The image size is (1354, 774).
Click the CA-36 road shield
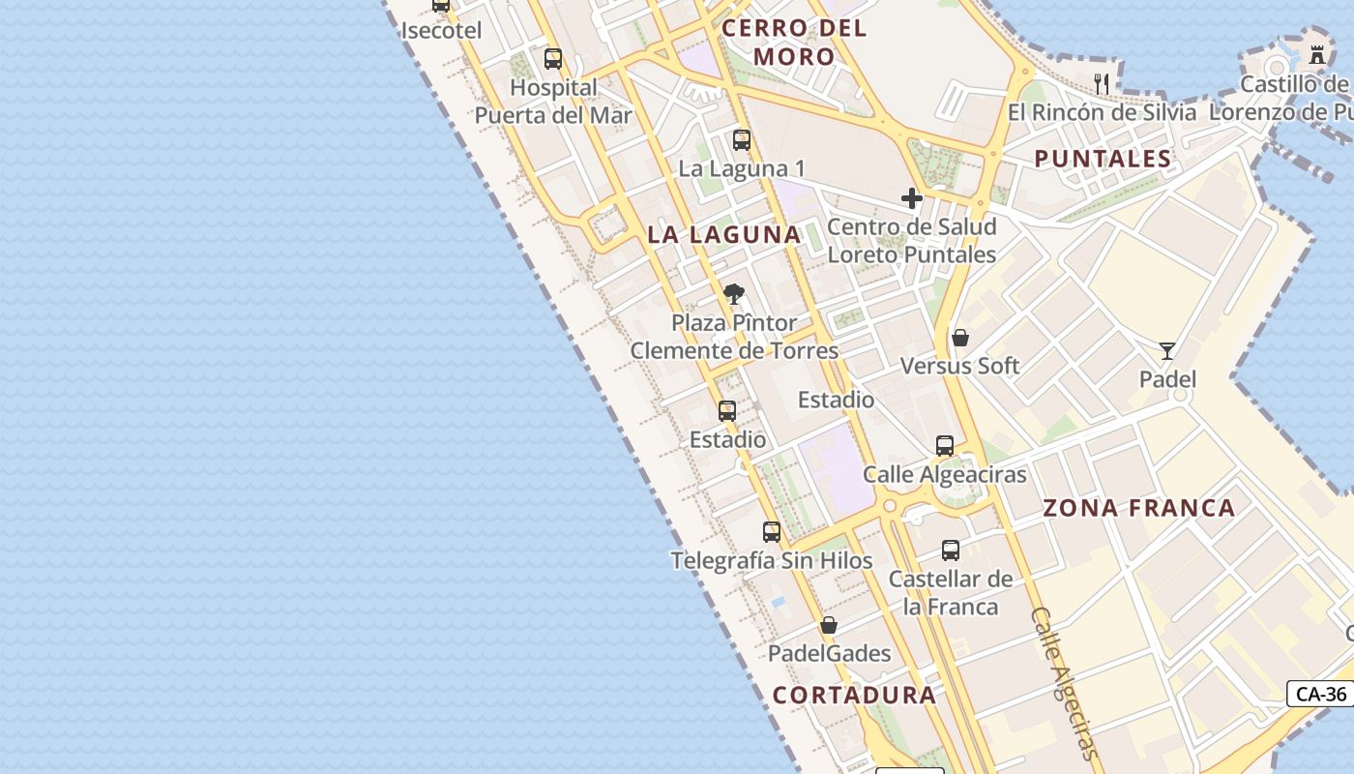click(1321, 694)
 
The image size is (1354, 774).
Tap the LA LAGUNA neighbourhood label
click(724, 234)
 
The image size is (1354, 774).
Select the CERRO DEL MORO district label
click(794, 43)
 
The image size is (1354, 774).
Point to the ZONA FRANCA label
click(1139, 508)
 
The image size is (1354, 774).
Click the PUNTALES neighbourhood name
click(1103, 159)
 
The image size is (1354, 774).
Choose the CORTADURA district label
click(854, 695)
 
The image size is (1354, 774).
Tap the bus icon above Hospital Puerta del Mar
click(553, 59)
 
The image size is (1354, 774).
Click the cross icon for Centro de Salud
click(911, 198)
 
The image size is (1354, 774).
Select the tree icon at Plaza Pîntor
click(734, 294)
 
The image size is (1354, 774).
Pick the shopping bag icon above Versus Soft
click(960, 338)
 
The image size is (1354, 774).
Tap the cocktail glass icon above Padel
click(1167, 351)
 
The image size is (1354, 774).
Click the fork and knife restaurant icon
click(1101, 83)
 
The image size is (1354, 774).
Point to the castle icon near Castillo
click(1317, 54)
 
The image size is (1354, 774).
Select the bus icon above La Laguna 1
click(742, 140)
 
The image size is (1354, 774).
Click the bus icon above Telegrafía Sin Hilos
click(772, 532)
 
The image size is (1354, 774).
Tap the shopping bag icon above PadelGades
click(829, 626)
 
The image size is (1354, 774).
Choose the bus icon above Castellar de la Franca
click(951, 551)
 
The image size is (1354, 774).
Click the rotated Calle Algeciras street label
click(1065, 683)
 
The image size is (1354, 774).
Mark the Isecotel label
click(441, 30)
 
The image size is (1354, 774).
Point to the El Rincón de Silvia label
click(1102, 112)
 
